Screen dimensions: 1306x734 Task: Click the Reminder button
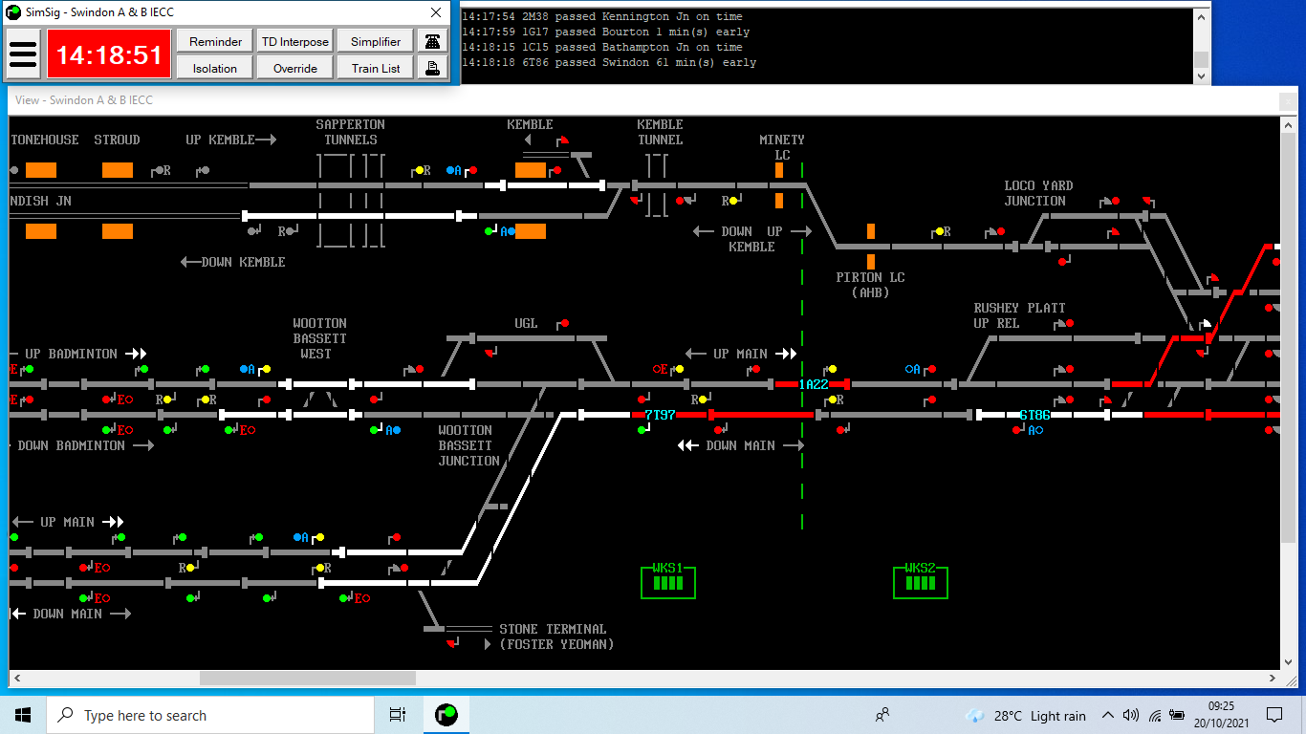215,41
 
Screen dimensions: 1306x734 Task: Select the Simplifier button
376,41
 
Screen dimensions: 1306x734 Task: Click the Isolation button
215,68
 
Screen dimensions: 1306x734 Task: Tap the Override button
295,68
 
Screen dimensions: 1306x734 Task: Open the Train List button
376,68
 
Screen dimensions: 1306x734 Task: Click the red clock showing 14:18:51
109,54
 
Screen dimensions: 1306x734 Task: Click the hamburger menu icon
23,54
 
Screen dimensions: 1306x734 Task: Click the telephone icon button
432,41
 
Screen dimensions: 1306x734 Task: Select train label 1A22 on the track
814,384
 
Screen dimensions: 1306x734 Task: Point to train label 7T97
660,415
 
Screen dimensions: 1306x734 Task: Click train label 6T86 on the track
1034,415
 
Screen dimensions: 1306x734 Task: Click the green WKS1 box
668,581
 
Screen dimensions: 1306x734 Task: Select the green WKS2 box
921,581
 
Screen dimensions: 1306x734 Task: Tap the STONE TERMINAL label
553,629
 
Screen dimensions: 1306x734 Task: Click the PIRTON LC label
870,277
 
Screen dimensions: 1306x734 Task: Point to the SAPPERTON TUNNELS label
351,132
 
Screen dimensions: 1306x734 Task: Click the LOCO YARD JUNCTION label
1038,193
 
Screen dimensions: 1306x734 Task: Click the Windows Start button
23,715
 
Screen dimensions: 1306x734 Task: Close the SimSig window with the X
436,12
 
